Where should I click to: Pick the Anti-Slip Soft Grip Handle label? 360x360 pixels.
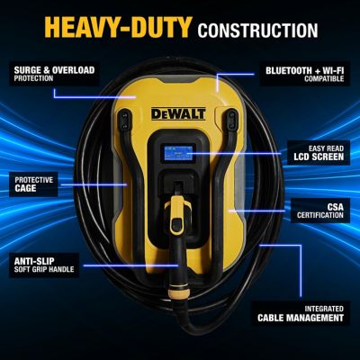click(46, 264)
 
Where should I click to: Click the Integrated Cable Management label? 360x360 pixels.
click(300, 312)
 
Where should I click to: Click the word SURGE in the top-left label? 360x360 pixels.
click(26, 67)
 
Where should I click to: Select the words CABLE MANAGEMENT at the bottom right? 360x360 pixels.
click(300, 318)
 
